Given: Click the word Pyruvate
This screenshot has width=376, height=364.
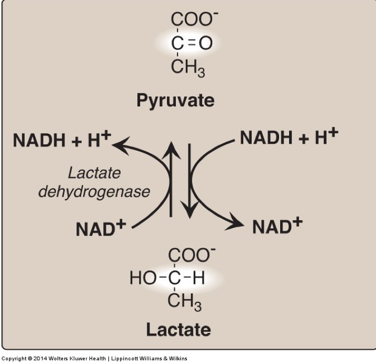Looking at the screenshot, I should click(x=175, y=100).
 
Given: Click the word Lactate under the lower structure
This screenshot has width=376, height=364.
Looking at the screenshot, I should click(x=179, y=330).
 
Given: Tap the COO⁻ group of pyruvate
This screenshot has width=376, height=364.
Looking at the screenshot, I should click(x=191, y=19).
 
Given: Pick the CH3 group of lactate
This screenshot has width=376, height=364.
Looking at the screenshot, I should click(x=185, y=302).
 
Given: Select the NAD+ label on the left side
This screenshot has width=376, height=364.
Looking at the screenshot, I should click(x=101, y=228).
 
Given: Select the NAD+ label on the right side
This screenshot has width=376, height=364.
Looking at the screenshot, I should click(x=277, y=226).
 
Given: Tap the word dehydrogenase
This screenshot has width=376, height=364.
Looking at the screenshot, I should click(x=94, y=191).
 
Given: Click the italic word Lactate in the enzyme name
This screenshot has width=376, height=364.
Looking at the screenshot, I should click(x=94, y=173).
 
